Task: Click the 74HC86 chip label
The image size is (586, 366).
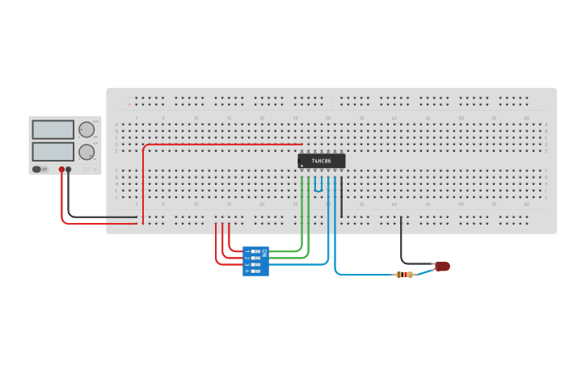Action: (322, 161)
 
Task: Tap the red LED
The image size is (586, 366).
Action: (441, 267)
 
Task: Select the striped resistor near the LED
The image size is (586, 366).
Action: (404, 275)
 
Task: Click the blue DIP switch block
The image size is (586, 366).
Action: (255, 261)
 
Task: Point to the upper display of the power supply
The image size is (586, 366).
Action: (53, 129)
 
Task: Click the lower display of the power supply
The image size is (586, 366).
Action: (53, 151)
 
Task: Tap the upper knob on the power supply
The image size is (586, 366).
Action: (86, 129)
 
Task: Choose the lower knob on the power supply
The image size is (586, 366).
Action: (86, 151)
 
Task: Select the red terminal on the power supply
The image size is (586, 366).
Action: (61, 170)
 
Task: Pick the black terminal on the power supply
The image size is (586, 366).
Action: (69, 170)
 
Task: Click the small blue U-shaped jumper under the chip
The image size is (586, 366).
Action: (318, 186)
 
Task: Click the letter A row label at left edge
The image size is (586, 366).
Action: (116, 124)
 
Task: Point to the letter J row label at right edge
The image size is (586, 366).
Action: (546, 197)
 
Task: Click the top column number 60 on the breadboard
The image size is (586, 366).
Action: (526, 118)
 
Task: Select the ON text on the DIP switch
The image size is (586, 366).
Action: (264, 252)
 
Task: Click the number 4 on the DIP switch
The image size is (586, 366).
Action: (247, 271)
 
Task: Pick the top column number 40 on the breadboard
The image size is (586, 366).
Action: (394, 118)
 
